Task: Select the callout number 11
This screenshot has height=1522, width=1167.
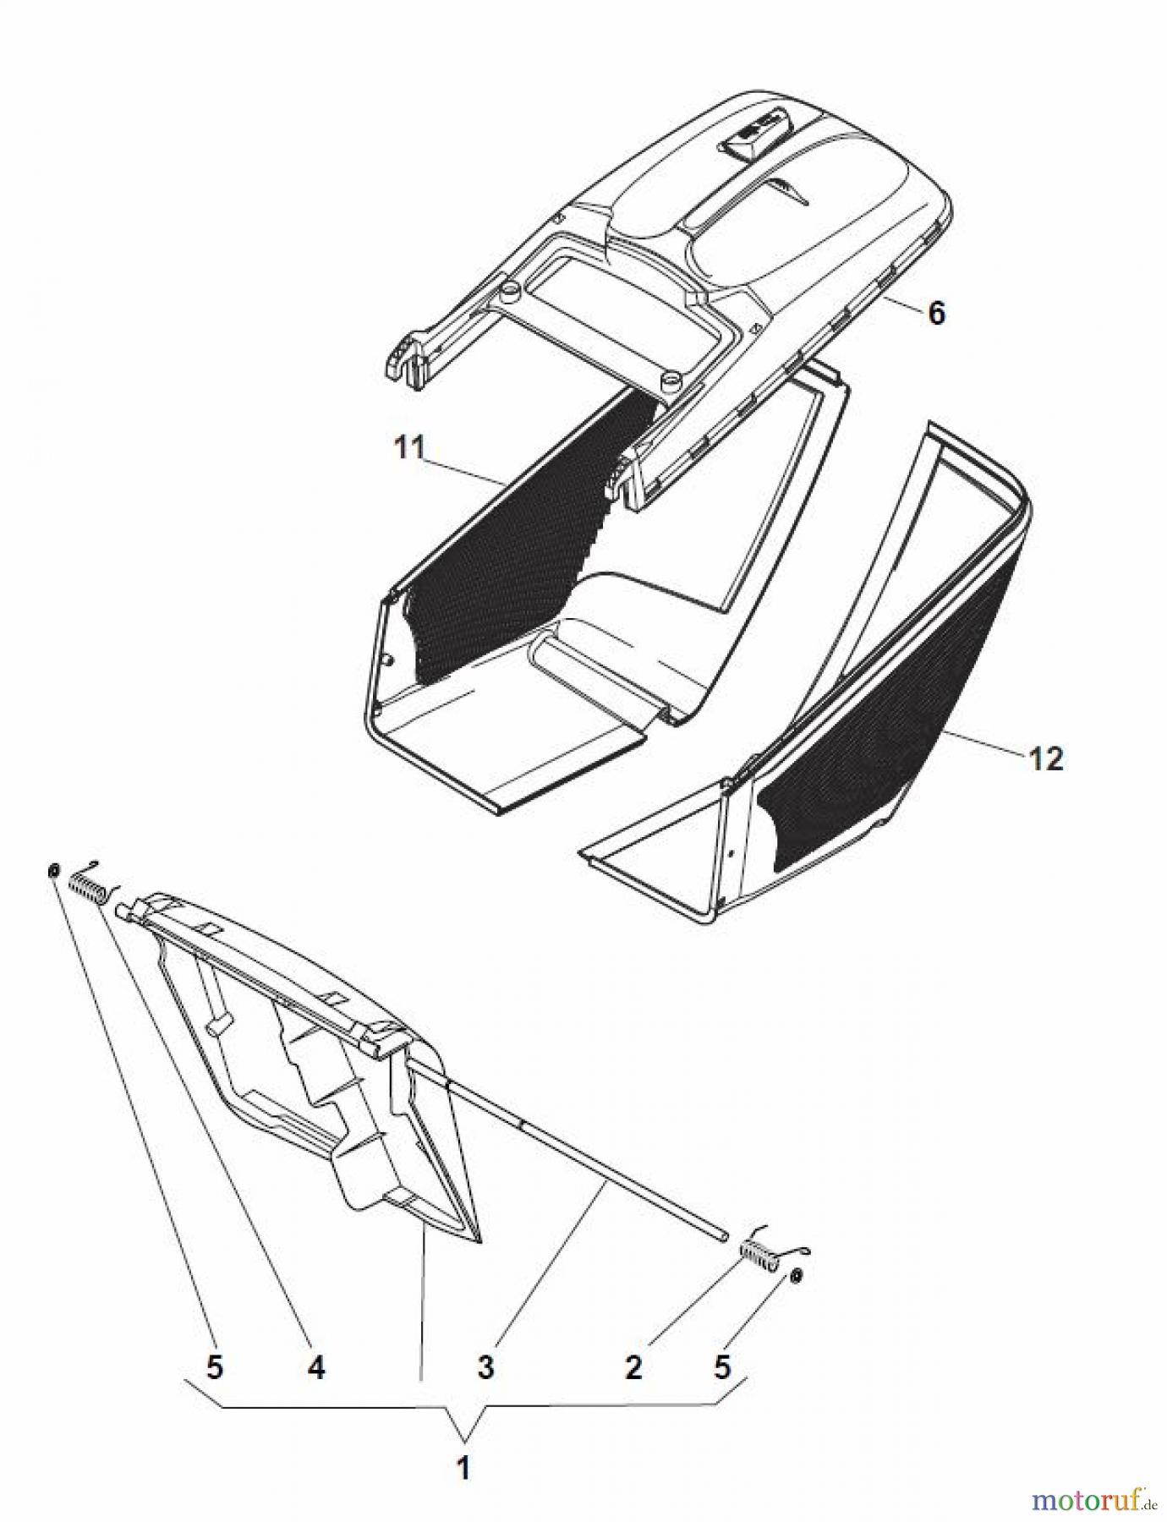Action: point(409,448)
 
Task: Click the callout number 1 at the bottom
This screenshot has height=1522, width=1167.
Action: point(463,1469)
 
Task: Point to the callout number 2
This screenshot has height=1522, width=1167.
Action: point(633,1367)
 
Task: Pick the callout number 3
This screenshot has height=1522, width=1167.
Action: point(485,1367)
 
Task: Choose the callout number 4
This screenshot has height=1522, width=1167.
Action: point(315,1367)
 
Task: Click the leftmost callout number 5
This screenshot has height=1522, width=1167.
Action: point(215,1367)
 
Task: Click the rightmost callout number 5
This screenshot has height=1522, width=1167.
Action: point(721,1367)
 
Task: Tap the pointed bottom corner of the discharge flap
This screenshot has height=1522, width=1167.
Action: point(479,1240)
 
